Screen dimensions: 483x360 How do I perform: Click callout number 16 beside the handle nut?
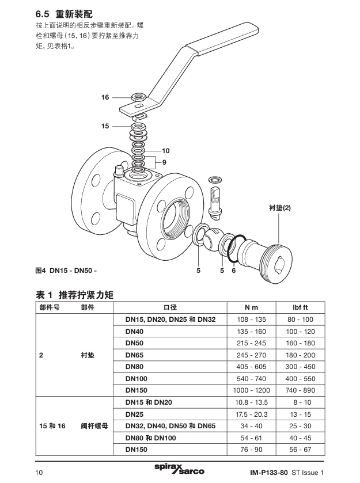click(x=105, y=98)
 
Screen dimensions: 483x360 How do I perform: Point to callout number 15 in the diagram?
click(x=105, y=125)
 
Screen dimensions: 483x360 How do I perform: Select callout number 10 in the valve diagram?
click(x=166, y=151)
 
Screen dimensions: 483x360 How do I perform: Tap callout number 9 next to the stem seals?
click(x=164, y=162)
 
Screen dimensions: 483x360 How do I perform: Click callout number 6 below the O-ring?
click(x=234, y=270)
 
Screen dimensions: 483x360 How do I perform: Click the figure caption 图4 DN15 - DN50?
click(x=66, y=270)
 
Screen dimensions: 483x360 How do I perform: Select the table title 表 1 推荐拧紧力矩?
click(x=75, y=294)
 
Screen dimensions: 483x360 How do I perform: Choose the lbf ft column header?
click(x=300, y=307)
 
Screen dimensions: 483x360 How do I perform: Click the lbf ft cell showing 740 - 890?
click(x=300, y=389)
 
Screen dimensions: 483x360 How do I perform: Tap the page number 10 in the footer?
click(x=40, y=473)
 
